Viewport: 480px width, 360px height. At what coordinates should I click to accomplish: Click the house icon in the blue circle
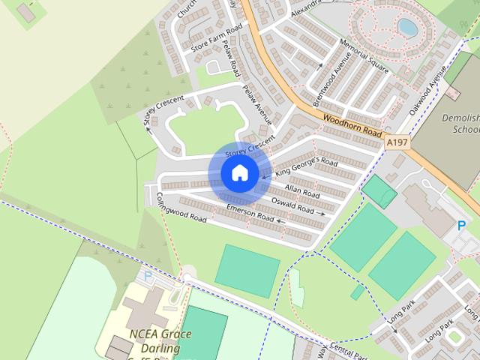(x=239, y=172)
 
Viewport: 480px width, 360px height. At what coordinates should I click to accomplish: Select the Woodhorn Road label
(x=353, y=124)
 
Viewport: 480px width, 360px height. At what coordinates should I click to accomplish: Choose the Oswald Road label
(x=292, y=203)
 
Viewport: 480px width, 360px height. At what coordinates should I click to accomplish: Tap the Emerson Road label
(x=250, y=213)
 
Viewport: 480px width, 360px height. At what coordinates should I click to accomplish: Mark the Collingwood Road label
(x=181, y=208)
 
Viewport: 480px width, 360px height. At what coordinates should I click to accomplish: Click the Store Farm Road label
(x=217, y=37)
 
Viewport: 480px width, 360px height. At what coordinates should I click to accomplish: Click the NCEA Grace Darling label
(x=160, y=341)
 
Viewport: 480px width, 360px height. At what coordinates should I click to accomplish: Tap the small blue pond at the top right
(x=408, y=28)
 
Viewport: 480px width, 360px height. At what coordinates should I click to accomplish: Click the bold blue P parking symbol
(x=461, y=225)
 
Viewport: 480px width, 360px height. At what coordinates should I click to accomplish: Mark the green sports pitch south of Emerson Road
(x=247, y=271)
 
